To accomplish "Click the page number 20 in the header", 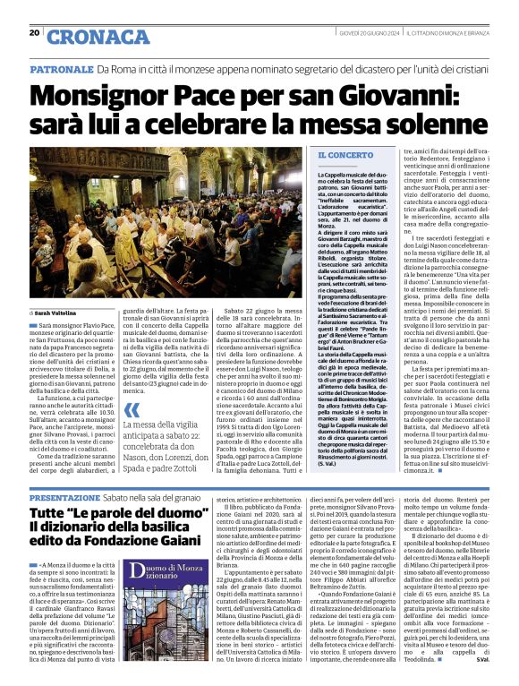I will coord(34,32).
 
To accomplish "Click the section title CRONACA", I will coord(86,37).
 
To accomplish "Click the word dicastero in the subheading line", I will coord(358,69).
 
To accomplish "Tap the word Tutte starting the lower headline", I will coord(50,512).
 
